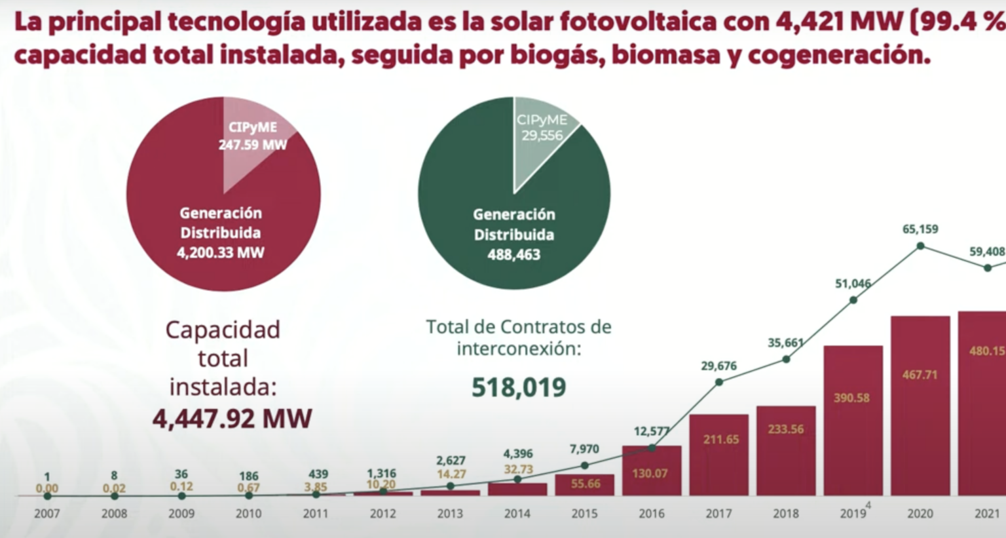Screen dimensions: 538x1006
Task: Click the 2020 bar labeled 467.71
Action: point(920,406)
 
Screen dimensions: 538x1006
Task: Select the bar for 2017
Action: point(718,455)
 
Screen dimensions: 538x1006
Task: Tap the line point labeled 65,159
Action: point(920,246)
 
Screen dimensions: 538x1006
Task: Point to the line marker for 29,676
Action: point(719,381)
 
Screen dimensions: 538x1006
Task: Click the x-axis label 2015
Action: point(584,514)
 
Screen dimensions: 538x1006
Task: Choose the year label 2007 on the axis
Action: point(47,514)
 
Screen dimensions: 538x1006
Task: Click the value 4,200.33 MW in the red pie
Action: point(221,253)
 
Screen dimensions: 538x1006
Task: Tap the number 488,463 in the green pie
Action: point(513,255)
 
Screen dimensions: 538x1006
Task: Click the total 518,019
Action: point(519,387)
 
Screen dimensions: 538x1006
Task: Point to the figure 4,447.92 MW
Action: point(232,418)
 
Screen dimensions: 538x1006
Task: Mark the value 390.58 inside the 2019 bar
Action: point(851,398)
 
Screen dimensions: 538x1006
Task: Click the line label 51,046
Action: point(853,284)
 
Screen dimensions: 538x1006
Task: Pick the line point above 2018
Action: point(786,358)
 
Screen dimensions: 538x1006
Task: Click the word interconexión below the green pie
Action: point(519,349)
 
